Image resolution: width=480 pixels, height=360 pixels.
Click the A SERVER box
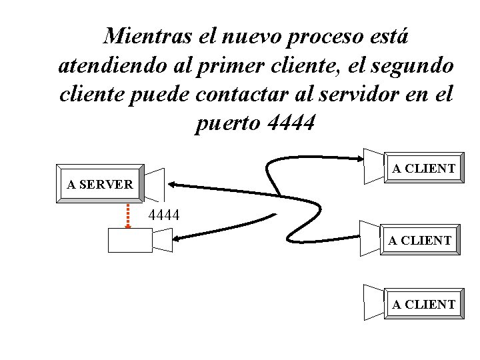click(100, 183)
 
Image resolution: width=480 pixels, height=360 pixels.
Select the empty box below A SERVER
click(130, 241)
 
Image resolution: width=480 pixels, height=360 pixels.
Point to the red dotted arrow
click(129, 215)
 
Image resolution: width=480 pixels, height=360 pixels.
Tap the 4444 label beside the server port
click(163, 215)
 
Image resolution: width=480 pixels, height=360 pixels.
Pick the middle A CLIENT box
click(420, 240)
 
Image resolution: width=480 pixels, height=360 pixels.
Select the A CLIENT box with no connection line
click(423, 304)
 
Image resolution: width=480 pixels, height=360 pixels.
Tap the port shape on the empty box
click(163, 240)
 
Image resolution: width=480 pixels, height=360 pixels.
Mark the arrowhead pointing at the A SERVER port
click(172, 183)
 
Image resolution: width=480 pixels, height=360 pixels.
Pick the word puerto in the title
click(226, 123)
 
